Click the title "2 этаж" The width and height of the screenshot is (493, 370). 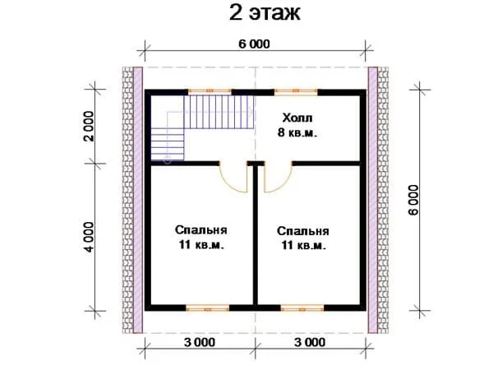265,13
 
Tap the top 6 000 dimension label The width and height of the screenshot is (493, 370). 254,44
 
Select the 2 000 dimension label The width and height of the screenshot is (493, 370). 89,126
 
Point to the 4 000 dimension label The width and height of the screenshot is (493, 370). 89,237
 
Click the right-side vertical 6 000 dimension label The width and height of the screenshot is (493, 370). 414,200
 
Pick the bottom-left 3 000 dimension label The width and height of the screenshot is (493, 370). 200,342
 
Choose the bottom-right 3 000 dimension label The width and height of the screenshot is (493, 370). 310,342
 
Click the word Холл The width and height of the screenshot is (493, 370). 297,118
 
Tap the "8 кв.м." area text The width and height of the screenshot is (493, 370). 297,132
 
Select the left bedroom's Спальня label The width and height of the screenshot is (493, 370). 201,230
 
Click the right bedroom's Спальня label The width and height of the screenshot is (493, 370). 302,231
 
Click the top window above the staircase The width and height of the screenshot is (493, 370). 210,91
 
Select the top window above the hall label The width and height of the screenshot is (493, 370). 296,91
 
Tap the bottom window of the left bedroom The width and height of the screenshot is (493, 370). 208,308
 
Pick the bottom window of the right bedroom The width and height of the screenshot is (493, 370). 302,308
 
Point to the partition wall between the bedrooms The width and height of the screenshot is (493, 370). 256,235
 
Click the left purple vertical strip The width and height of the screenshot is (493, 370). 138,200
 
